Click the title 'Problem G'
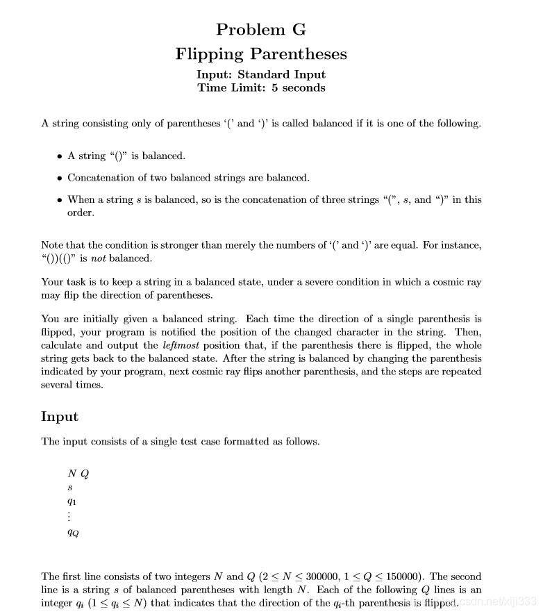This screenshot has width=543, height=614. click(x=260, y=29)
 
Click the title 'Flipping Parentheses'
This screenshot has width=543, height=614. click(x=260, y=53)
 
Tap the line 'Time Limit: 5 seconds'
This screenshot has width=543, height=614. click(x=261, y=88)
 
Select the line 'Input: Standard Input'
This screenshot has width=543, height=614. click(x=261, y=74)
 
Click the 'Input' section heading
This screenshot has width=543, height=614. click(x=60, y=417)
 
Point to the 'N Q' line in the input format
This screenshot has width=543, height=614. click(x=78, y=474)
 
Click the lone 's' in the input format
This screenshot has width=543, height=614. click(x=69, y=488)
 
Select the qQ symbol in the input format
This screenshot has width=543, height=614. click(x=73, y=533)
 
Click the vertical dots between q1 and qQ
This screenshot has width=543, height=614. click(x=70, y=517)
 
